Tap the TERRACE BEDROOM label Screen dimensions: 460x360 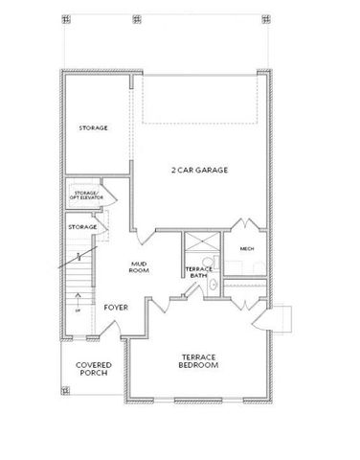(199, 361)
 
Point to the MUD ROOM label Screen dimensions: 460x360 (139, 268)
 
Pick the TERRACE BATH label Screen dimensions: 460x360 (198, 272)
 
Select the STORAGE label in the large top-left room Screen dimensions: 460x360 (93, 126)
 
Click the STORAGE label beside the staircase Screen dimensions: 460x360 (82, 226)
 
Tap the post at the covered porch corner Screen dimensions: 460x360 (65, 390)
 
